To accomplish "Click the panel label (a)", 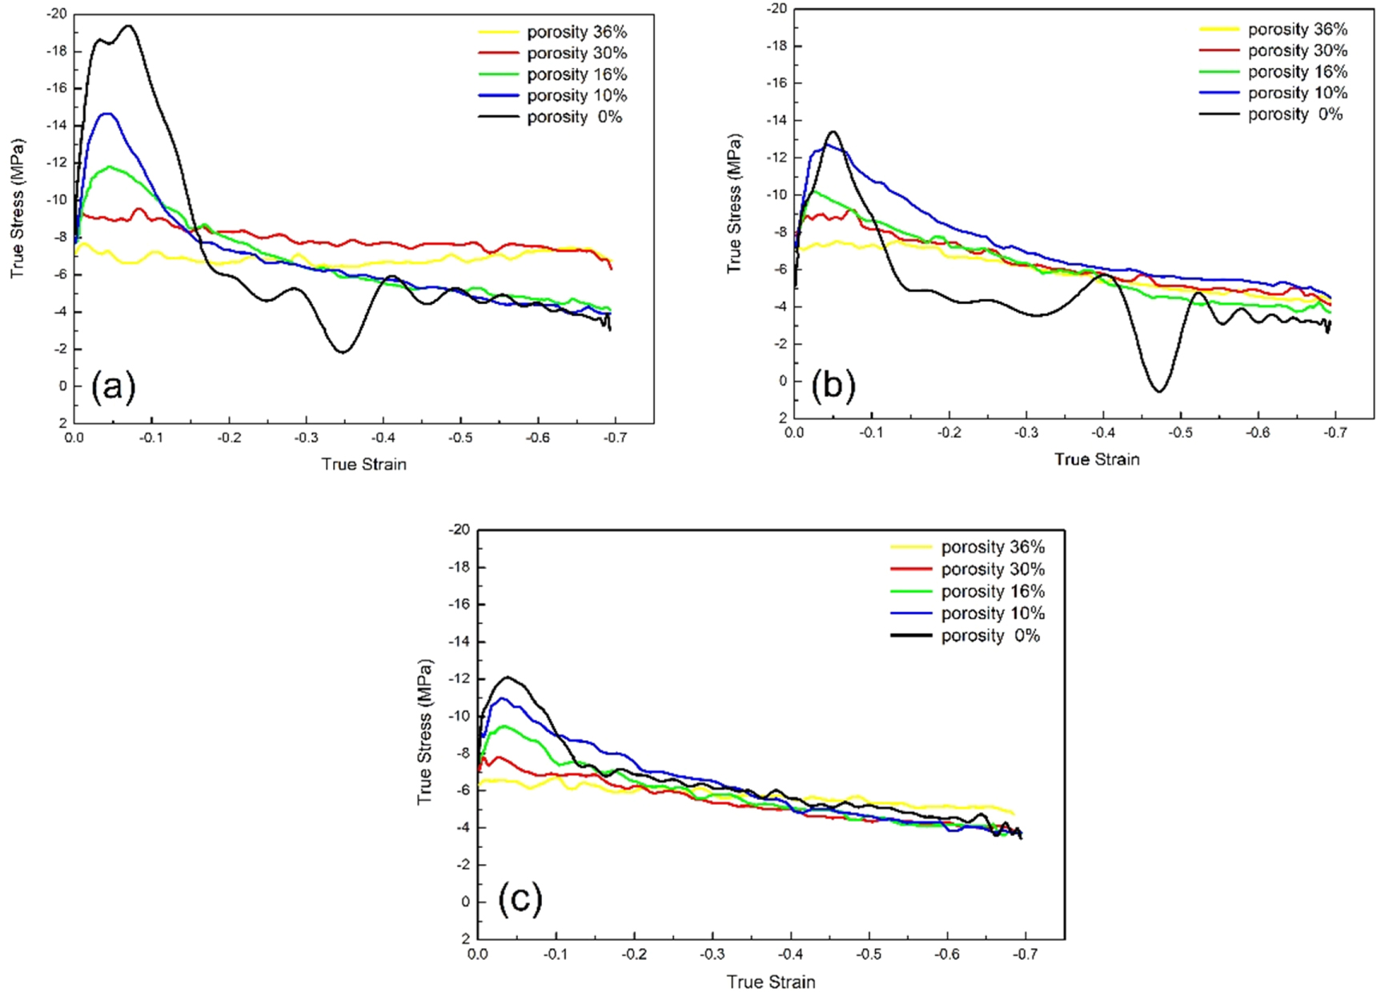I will click(x=113, y=386).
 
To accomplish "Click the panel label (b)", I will click(x=833, y=385).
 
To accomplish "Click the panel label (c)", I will click(x=520, y=898).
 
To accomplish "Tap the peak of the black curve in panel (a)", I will click(x=128, y=26).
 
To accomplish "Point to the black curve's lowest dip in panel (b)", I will click(x=1158, y=391).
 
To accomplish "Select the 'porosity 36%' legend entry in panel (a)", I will click(x=576, y=32).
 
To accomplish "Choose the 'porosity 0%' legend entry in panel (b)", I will click(x=1295, y=114).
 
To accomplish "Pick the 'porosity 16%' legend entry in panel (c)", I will click(x=992, y=591).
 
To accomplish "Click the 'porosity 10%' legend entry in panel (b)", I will click(x=1296, y=93).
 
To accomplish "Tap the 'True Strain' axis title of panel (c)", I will click(x=770, y=982).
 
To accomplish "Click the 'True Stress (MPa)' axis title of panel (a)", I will click(x=18, y=209).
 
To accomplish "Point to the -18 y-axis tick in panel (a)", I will click(x=56, y=51).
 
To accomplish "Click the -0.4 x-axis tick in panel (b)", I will click(x=1102, y=433).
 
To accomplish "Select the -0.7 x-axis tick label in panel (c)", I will click(x=1025, y=954).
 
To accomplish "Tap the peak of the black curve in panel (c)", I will click(x=507, y=677).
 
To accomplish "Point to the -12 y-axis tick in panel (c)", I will click(x=460, y=678).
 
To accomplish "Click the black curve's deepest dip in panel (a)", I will click(x=343, y=352).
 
